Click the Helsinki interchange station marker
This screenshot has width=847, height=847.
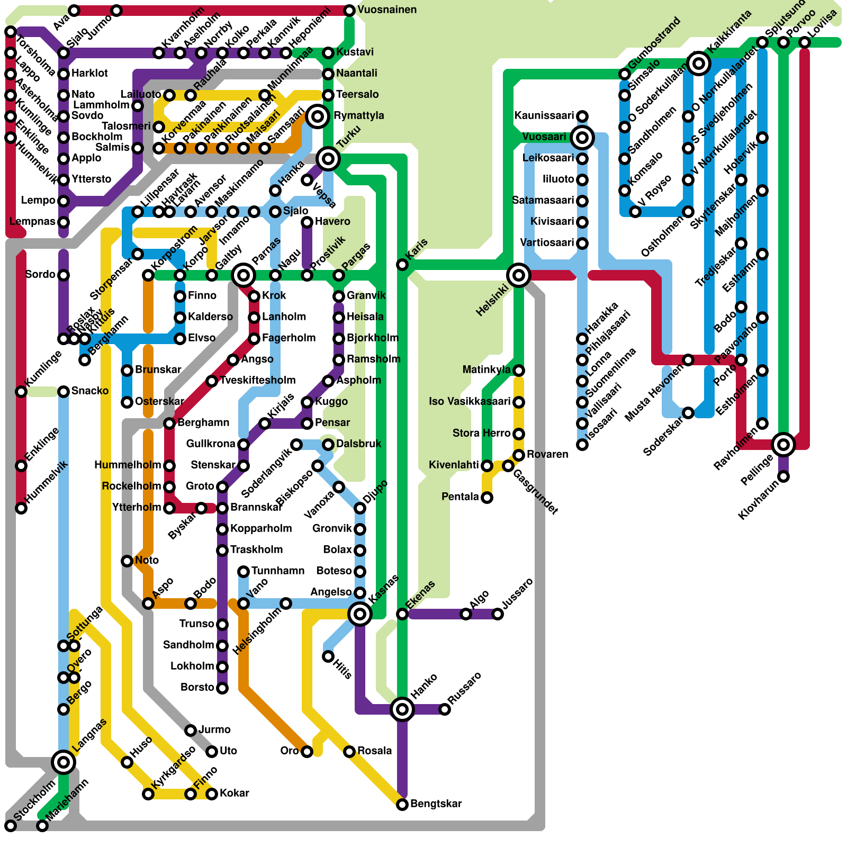(x=519, y=275)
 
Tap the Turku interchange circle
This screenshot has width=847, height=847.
(x=328, y=158)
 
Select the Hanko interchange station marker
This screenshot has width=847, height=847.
(x=402, y=709)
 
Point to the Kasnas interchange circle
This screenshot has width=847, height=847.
(x=360, y=614)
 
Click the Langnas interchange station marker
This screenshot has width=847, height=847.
(x=64, y=762)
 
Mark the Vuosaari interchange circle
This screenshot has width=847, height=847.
(x=582, y=138)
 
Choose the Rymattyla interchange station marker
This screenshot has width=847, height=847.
(x=318, y=116)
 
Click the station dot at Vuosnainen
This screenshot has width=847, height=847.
(x=349, y=11)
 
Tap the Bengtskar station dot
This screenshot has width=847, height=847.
(x=402, y=805)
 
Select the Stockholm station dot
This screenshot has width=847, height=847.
(x=11, y=826)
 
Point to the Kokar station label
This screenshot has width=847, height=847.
(x=234, y=793)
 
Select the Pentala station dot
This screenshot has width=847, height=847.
(x=487, y=498)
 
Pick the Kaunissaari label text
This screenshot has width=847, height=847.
(x=544, y=115)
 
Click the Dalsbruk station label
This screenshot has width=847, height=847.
(x=358, y=444)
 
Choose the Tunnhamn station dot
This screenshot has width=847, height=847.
(x=244, y=572)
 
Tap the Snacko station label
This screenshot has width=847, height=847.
(x=89, y=391)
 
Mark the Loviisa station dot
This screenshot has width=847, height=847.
(x=805, y=42)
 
